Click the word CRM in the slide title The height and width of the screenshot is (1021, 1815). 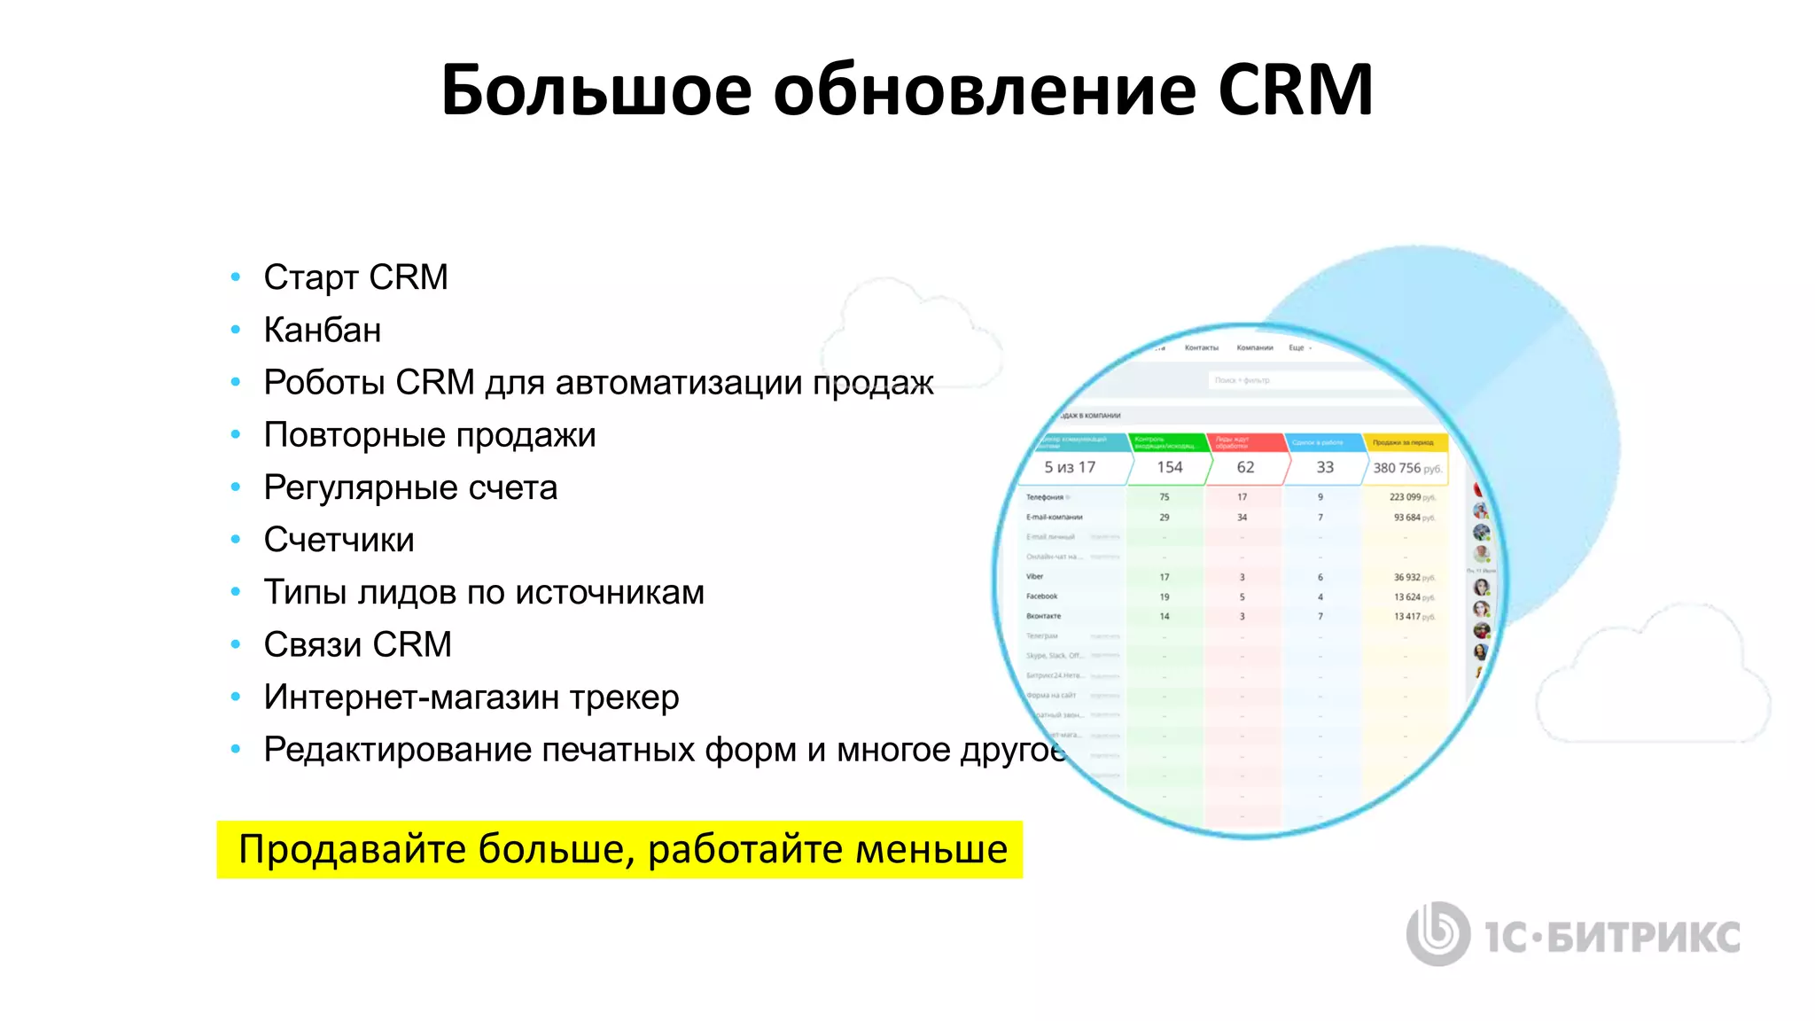click(x=1295, y=90)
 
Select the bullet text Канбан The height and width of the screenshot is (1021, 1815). click(x=323, y=330)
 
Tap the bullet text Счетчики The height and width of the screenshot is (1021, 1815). click(x=339, y=540)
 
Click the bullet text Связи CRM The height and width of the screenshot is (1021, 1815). click(x=357, y=644)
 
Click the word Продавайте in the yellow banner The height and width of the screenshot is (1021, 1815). click(x=352, y=849)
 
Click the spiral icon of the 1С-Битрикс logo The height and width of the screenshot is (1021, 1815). click(x=1437, y=933)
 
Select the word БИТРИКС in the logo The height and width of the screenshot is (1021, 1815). click(x=1643, y=938)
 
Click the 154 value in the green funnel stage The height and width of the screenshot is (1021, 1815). click(x=1169, y=467)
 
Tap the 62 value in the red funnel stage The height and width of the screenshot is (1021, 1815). click(x=1245, y=467)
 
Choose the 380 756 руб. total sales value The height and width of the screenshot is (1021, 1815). click(x=1406, y=468)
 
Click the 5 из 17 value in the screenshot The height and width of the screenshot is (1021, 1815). click(x=1070, y=467)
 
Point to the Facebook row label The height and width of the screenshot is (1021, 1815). click(x=1042, y=596)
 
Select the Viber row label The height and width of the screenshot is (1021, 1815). click(x=1035, y=577)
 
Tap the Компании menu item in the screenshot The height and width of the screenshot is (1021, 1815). click(x=1254, y=348)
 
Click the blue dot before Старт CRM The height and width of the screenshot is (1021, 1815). click(x=236, y=277)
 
